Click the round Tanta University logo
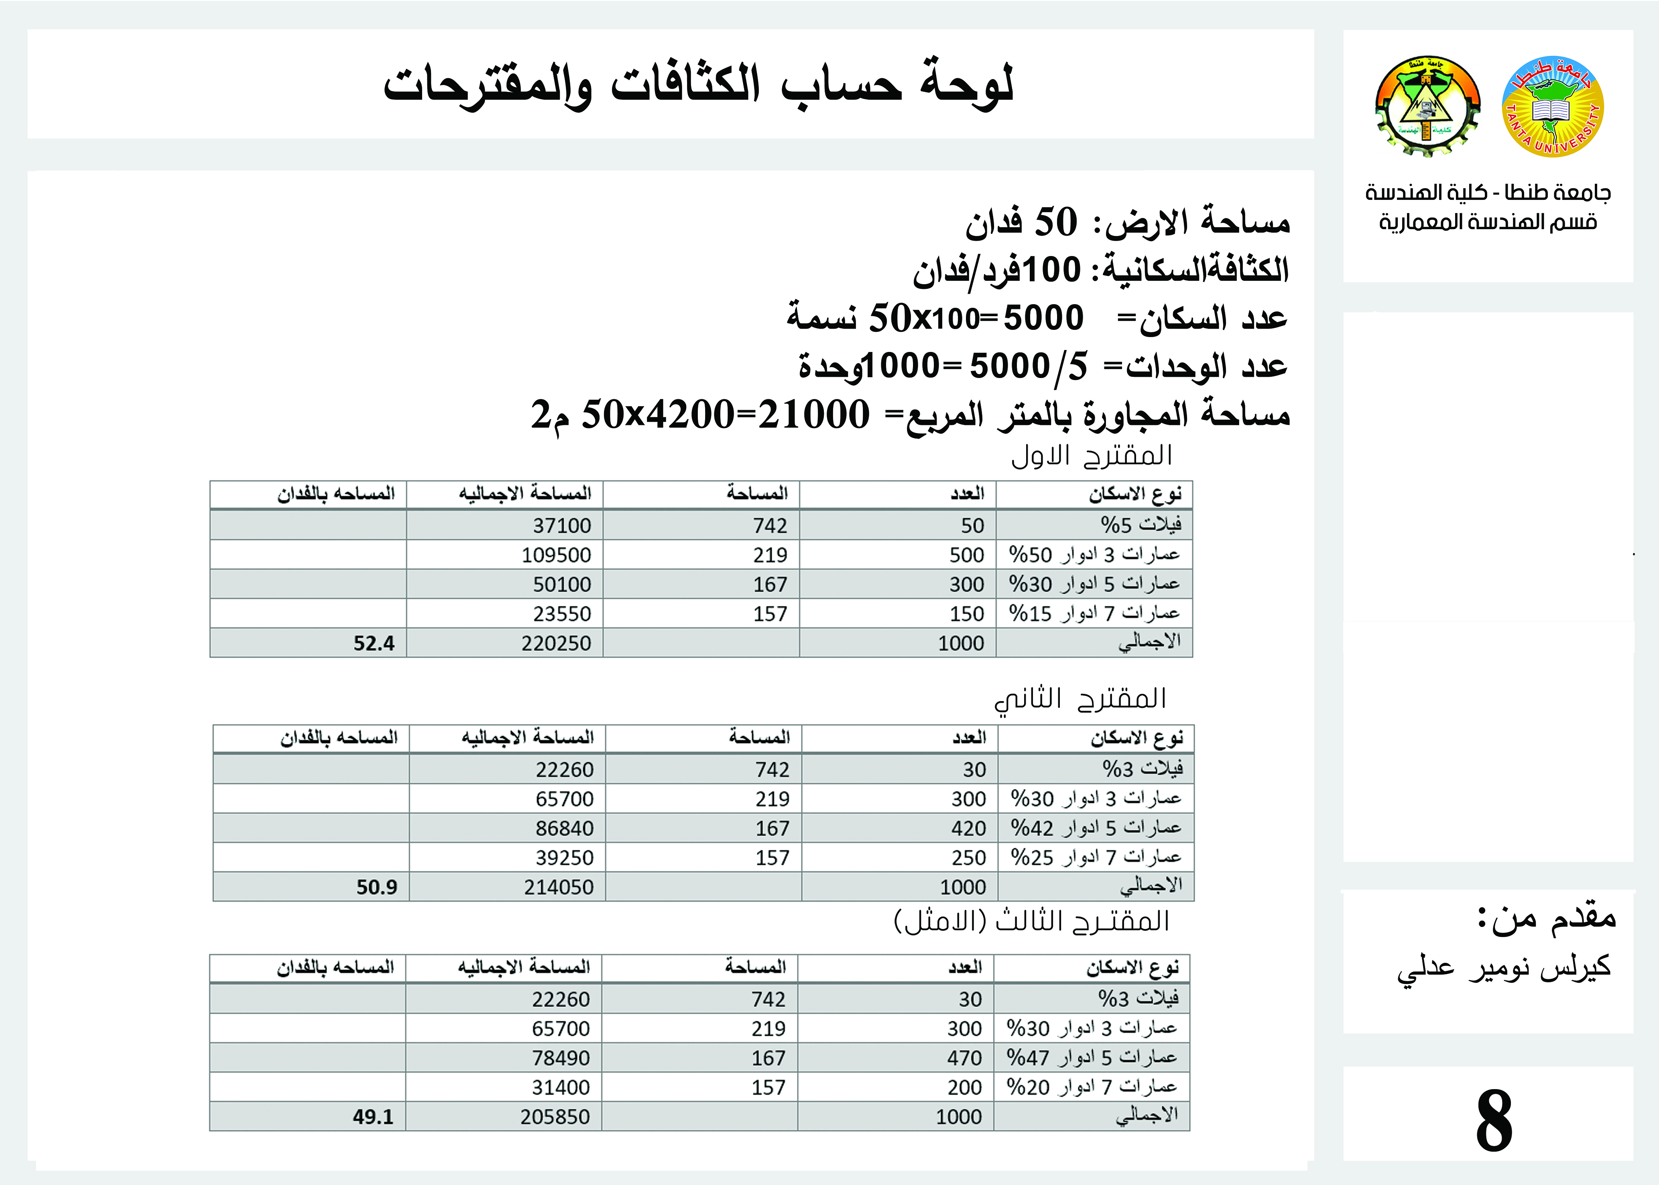(x=1553, y=106)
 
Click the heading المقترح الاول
(x=1092, y=455)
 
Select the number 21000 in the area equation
(x=813, y=415)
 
